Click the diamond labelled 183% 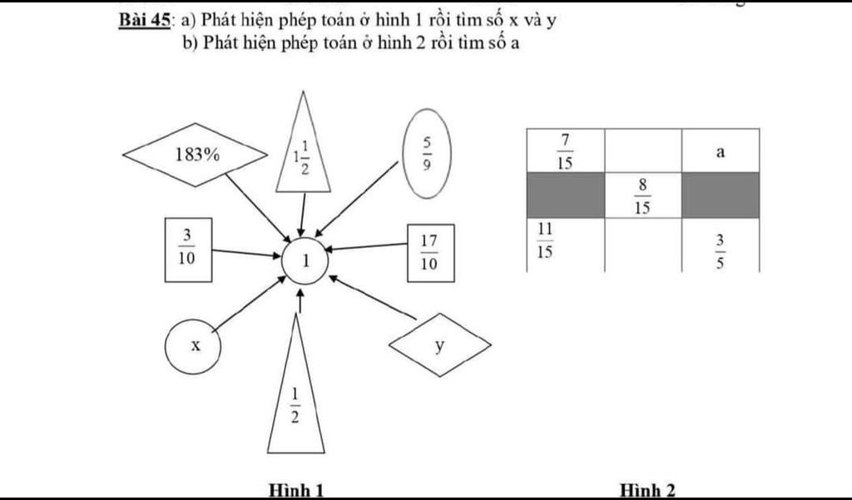tap(194, 154)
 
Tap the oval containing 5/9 tap(428, 154)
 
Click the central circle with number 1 tap(305, 261)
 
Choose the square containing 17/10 tap(430, 253)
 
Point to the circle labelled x tap(193, 345)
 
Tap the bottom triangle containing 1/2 tap(295, 399)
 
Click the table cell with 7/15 tap(565, 151)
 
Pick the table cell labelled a tap(721, 151)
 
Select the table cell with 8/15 tap(642, 196)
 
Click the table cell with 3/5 tap(721, 246)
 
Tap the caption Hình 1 tap(295, 490)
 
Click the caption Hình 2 tap(647, 490)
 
